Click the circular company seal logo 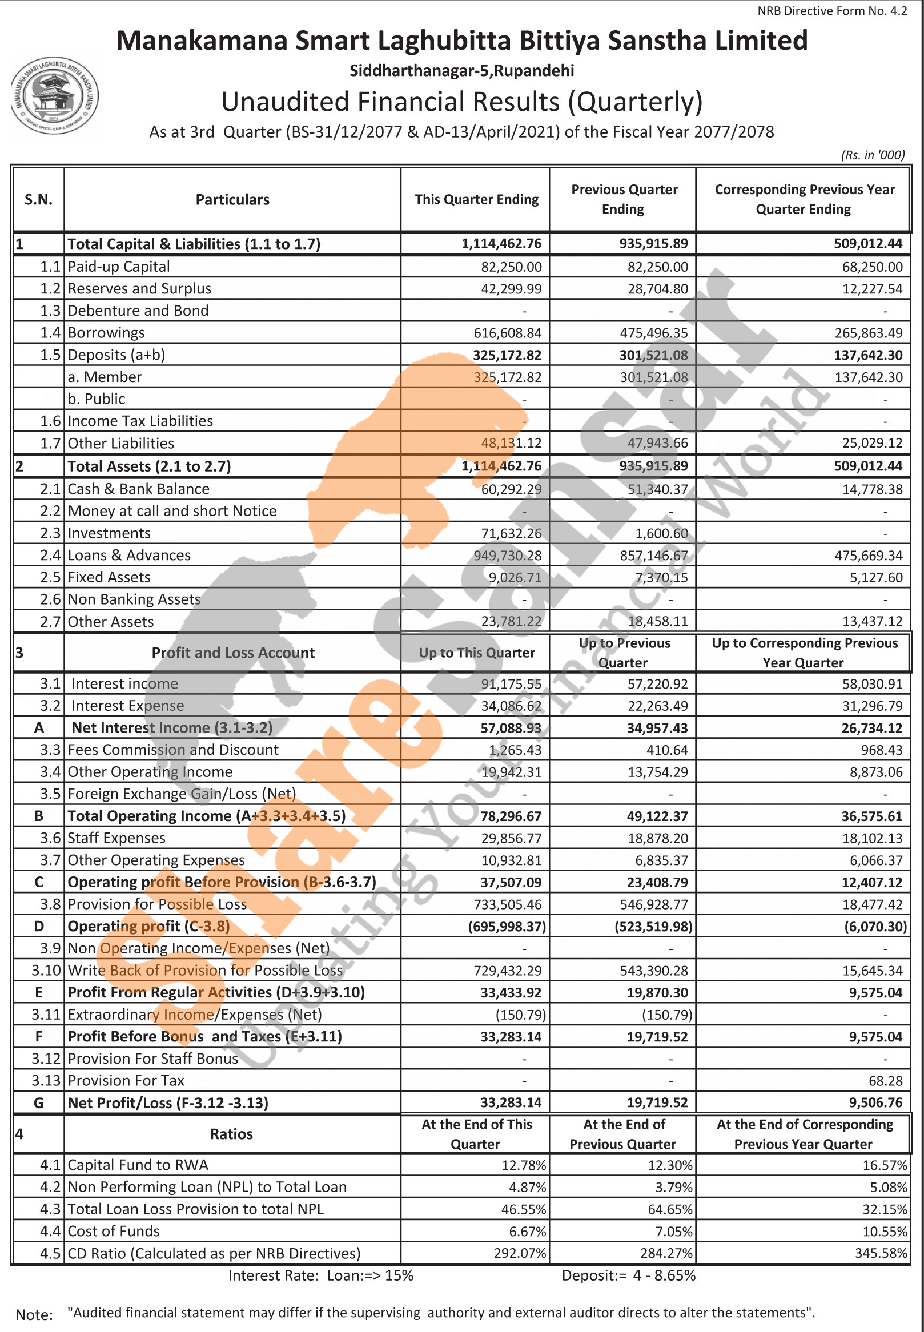pos(55,96)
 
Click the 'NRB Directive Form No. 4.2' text pos(831,11)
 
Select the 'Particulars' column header pos(232,200)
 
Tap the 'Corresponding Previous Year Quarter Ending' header pos(804,199)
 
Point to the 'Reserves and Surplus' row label pos(139,289)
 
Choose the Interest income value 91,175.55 pos(511,683)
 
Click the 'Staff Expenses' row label pos(116,838)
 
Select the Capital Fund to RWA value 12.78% pos(523,1165)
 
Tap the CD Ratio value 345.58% pos(881,1253)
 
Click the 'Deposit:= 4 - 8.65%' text pos(628,1275)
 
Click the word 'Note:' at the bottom pos(34,1315)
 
